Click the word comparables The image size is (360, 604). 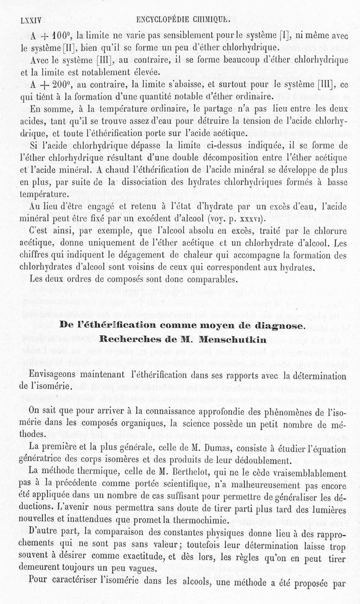[x=198, y=279]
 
